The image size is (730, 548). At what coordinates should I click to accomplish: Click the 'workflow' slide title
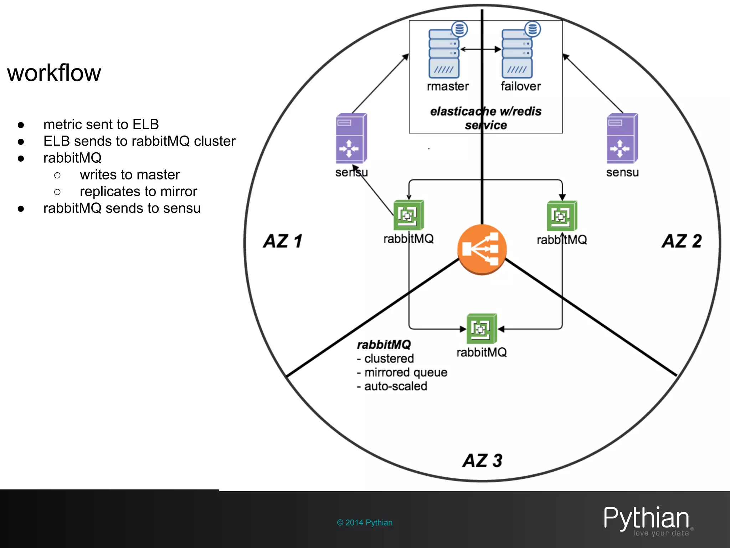coord(54,73)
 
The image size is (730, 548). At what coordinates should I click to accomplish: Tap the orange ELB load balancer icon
coord(482,249)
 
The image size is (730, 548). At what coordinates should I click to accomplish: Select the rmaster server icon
coord(444,54)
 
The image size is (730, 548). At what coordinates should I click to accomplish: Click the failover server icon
coord(517,54)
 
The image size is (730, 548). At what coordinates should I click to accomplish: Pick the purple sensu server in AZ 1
coord(351,138)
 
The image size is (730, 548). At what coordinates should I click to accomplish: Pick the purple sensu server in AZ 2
coord(622,138)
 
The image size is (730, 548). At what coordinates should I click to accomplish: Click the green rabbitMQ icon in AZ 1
coord(408,215)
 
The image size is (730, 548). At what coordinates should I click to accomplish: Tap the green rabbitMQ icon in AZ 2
coord(562,216)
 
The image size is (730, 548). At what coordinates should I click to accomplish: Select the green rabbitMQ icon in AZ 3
coord(482,328)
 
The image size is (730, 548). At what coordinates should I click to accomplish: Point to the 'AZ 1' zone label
coord(283,241)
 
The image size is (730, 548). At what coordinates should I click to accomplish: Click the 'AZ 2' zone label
coord(682,241)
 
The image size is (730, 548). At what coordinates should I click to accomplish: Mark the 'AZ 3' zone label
coord(482,461)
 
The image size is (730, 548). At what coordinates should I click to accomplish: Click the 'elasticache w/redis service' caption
coord(485,118)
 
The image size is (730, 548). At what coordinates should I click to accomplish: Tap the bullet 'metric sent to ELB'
coord(101,125)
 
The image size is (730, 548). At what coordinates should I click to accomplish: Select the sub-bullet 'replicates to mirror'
coord(138,192)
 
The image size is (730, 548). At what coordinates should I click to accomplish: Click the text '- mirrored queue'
coord(402,372)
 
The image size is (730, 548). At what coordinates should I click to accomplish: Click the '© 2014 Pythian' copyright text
coord(365,523)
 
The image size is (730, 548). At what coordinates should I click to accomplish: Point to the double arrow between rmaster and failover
coord(480,49)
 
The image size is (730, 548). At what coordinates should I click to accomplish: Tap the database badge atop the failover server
coord(532,29)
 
